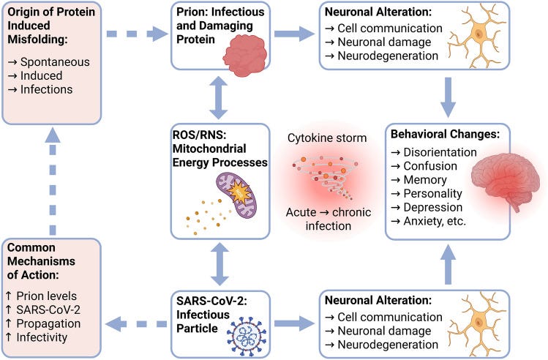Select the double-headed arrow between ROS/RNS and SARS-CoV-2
pos(217,264)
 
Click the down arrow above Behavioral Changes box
pos(448,95)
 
